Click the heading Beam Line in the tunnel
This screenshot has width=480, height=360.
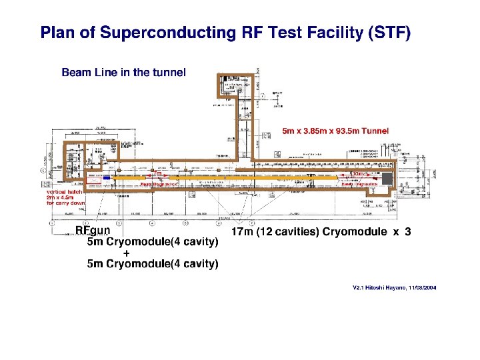(x=123, y=72)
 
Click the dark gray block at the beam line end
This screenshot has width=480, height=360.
(x=387, y=179)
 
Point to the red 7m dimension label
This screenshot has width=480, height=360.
(x=157, y=174)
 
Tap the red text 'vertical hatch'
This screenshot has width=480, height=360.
(x=65, y=192)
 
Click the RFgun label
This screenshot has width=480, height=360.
(x=92, y=231)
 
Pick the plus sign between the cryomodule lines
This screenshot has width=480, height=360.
(x=127, y=253)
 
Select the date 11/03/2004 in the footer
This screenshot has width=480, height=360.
(x=423, y=287)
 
